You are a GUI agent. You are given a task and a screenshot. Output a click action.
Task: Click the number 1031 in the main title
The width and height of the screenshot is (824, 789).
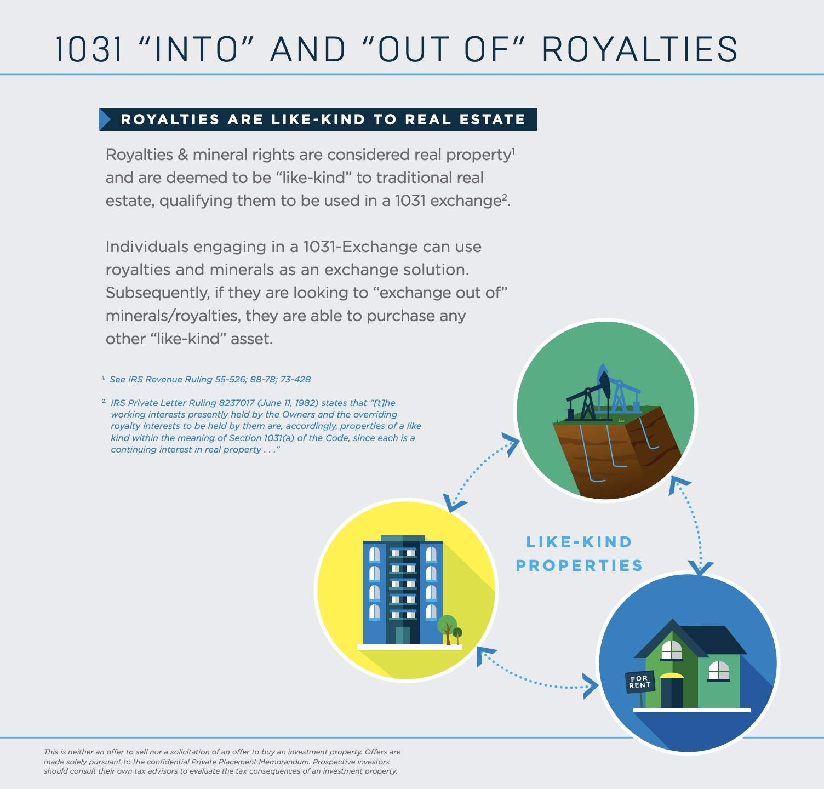[89, 49]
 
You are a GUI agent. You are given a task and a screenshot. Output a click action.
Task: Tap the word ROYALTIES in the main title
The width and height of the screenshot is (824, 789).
[639, 49]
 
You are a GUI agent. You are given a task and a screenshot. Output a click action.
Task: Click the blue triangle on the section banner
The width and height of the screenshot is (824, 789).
[105, 119]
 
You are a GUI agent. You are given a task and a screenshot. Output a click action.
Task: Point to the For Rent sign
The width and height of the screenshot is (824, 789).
[639, 682]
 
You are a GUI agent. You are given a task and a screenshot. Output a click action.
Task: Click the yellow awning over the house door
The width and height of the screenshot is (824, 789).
[672, 676]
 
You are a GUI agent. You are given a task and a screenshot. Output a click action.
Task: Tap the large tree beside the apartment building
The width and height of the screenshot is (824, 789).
[447, 625]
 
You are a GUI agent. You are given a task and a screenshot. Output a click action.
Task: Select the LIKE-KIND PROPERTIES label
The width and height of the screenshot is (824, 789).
[579, 553]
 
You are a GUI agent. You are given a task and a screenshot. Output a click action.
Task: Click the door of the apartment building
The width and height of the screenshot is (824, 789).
[403, 636]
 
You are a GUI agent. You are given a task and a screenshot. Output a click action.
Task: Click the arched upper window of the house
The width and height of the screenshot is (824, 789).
[671, 650]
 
